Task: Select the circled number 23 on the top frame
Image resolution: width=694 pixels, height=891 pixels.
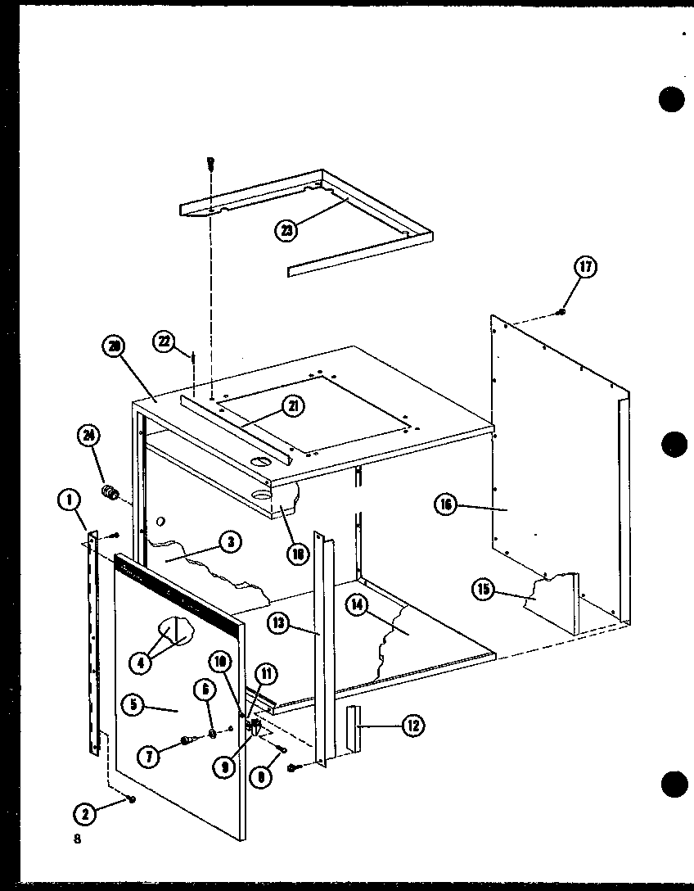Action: click(286, 230)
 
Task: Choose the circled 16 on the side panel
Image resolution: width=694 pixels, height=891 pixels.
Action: click(444, 506)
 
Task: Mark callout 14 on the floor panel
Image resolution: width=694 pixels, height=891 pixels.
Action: click(357, 605)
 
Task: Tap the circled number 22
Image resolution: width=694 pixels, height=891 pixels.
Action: click(166, 341)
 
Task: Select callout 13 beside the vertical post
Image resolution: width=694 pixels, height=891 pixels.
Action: click(278, 625)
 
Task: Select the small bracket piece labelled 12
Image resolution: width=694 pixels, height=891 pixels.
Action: click(353, 727)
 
